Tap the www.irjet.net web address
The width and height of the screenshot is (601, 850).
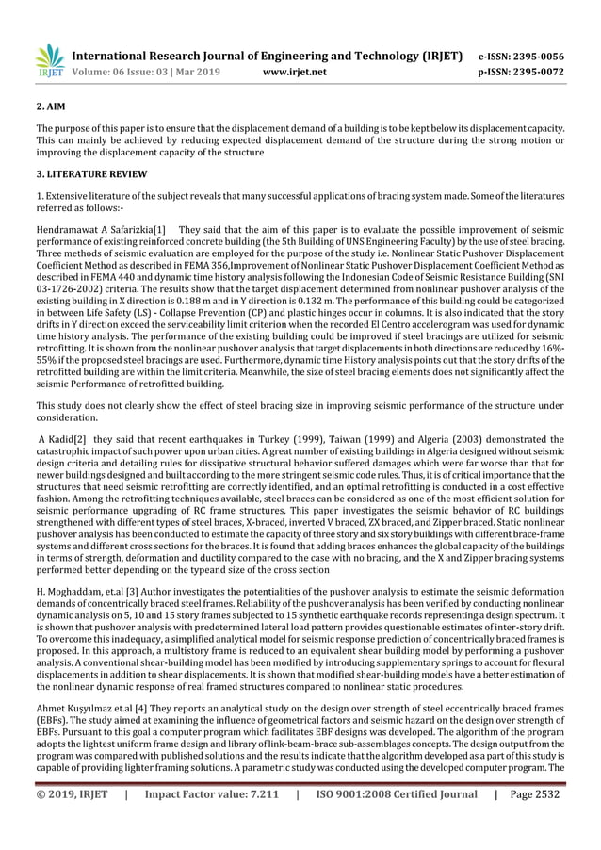[297, 72]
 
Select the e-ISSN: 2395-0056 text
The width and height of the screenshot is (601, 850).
[523, 57]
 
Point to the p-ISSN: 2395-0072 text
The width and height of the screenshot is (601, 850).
[523, 72]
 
